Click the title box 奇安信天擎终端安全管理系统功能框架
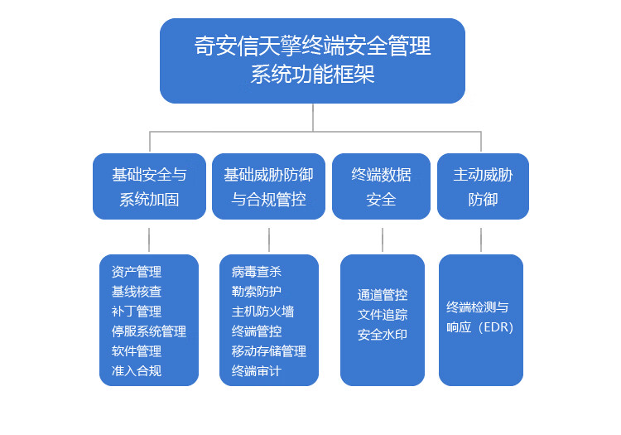point(312,60)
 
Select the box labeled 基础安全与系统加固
point(149,186)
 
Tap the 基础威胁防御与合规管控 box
point(268,186)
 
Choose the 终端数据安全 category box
point(381,186)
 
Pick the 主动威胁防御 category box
point(483,186)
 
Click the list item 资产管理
point(137,272)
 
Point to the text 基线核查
point(137,292)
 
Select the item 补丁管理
point(137,312)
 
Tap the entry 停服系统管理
point(148,331)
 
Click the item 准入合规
point(137,371)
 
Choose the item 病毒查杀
point(256,272)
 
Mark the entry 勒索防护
point(256,292)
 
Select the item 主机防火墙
point(262,312)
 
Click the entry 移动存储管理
point(268,351)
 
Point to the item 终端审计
point(256,371)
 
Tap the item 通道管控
point(383,295)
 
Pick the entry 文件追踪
point(383,315)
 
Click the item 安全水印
point(383,335)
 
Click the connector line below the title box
point(313,118)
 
